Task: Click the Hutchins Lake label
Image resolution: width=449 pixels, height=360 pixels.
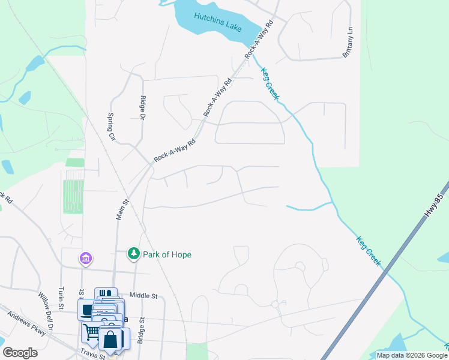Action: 218,17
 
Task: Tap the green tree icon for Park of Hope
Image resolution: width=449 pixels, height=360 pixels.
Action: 134,254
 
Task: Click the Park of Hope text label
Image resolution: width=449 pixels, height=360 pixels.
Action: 167,254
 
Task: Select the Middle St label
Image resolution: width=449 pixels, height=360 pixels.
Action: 143,296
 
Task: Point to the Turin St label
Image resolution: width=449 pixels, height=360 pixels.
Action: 61,298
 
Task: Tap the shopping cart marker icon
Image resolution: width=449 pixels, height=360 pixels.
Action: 91,331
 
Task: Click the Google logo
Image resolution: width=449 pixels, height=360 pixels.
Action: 20,353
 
